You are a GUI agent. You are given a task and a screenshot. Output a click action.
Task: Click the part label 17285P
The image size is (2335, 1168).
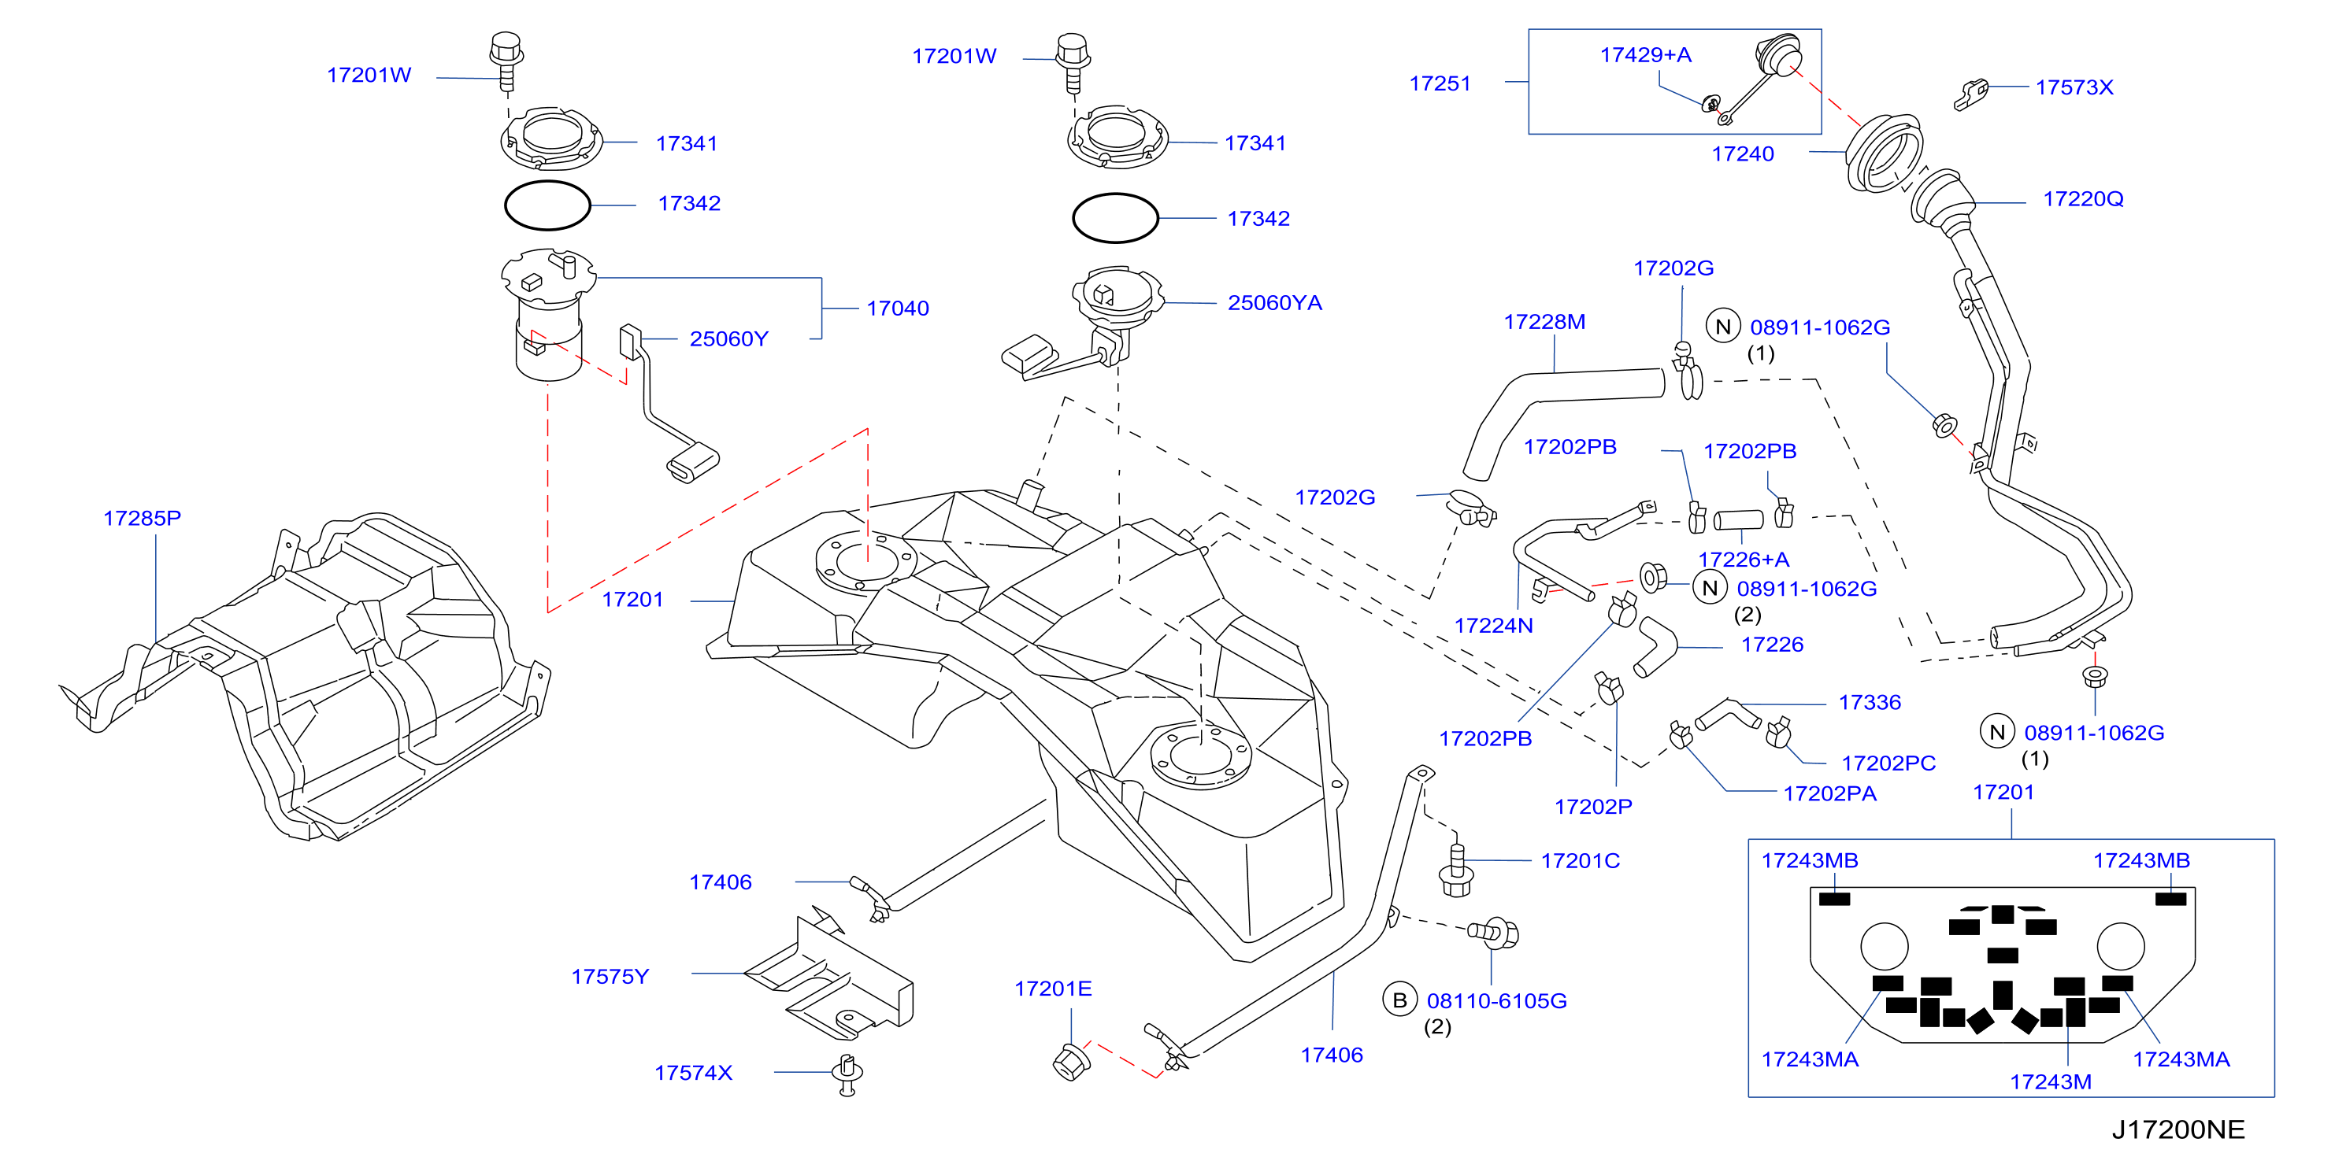143,519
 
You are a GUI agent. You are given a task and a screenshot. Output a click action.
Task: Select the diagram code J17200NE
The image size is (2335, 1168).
2178,1130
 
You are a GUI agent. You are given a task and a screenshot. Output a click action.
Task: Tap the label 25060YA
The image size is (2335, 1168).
1274,303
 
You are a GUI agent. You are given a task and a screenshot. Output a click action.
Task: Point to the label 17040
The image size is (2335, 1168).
897,308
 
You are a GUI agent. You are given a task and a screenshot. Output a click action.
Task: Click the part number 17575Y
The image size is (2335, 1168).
610,977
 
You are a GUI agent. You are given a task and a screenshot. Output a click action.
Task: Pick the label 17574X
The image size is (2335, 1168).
694,1073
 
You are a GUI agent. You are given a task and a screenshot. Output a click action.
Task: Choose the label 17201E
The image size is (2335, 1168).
1053,989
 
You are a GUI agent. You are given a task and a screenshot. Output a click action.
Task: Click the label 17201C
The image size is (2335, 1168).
1581,861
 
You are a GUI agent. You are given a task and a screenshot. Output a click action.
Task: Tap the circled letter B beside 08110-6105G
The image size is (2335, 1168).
1399,1000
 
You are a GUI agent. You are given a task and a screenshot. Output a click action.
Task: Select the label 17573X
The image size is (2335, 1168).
2075,87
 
